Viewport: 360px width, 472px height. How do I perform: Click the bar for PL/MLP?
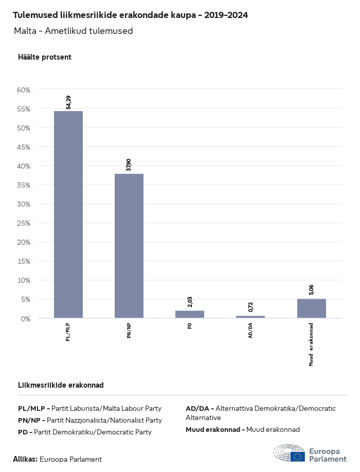68,214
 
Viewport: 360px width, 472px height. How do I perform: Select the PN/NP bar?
129,246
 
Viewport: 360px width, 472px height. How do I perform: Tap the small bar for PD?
190,314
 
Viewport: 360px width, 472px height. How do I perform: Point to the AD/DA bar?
250,317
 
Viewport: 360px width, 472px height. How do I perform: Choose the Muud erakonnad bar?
311,308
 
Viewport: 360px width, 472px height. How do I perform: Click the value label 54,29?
68,102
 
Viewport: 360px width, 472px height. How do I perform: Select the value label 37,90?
129,165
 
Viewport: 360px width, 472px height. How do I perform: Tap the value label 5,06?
311,289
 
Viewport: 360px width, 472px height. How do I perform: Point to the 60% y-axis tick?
24,89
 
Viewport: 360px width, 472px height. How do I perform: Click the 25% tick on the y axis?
24,223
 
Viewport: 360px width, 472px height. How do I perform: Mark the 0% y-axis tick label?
25,318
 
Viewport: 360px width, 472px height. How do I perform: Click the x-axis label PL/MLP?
68,332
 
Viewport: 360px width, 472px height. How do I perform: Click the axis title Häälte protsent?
44,57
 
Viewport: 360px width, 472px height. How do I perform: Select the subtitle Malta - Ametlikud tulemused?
74,31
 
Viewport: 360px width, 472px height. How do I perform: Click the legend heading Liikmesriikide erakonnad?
61,385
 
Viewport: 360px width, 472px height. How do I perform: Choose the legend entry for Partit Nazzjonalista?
90,420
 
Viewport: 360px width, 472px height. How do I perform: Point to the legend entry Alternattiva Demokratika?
261,412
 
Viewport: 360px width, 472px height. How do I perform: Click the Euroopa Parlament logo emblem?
290,453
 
